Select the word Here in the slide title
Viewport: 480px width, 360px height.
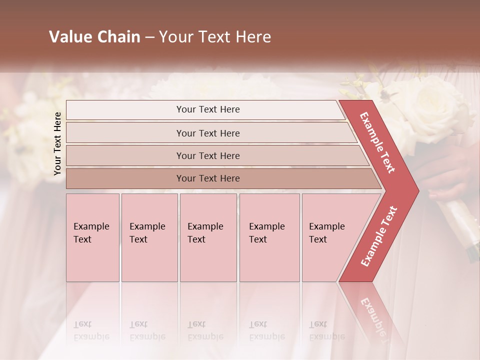253,37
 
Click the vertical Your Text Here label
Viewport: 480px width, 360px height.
57,143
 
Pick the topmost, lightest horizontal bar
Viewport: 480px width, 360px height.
207,109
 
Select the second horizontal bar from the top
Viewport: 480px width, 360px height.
207,133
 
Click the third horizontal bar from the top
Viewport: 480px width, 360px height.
207,155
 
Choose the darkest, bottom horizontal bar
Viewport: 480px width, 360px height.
207,178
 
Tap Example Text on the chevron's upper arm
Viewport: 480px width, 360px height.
377,142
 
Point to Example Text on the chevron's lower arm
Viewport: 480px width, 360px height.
379,236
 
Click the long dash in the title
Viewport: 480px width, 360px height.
149,37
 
